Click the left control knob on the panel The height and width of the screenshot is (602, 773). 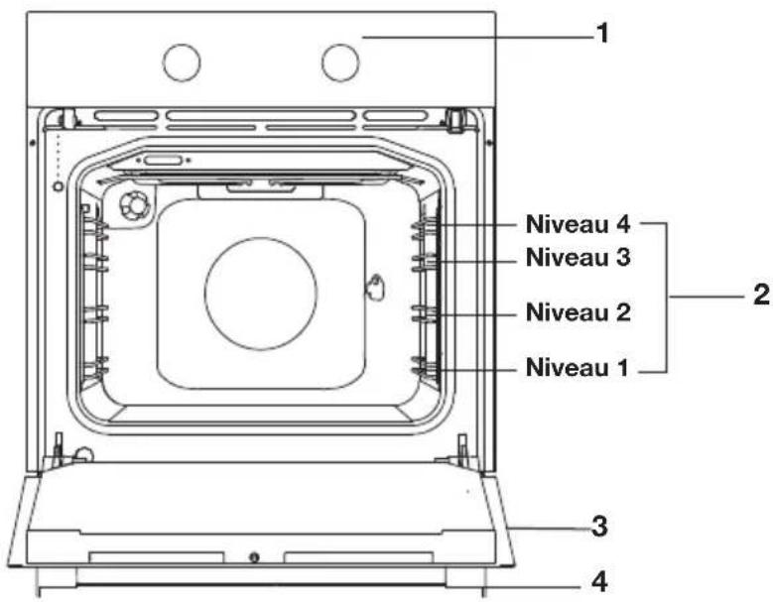pyautogui.click(x=182, y=62)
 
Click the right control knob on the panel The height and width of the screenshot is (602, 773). pyautogui.click(x=340, y=62)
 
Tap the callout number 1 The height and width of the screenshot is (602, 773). pyautogui.click(x=602, y=34)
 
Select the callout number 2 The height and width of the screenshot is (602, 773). pyautogui.click(x=762, y=295)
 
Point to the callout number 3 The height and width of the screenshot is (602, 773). pyautogui.click(x=599, y=527)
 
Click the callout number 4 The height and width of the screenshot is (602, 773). pyautogui.click(x=599, y=582)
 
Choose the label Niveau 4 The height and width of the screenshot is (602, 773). pyautogui.click(x=578, y=224)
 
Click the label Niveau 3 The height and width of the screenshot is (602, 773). pyautogui.click(x=578, y=257)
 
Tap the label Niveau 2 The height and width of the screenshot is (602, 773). pyautogui.click(x=578, y=312)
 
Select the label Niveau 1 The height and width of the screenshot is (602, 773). pyautogui.click(x=577, y=368)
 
